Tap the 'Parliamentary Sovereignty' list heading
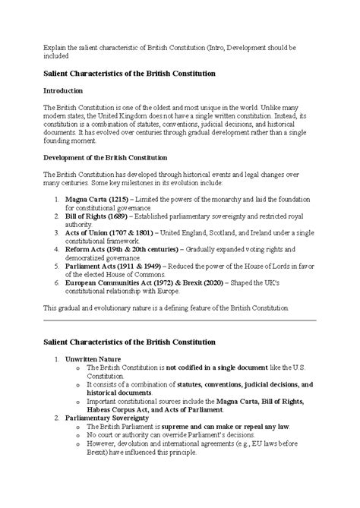[107, 417]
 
